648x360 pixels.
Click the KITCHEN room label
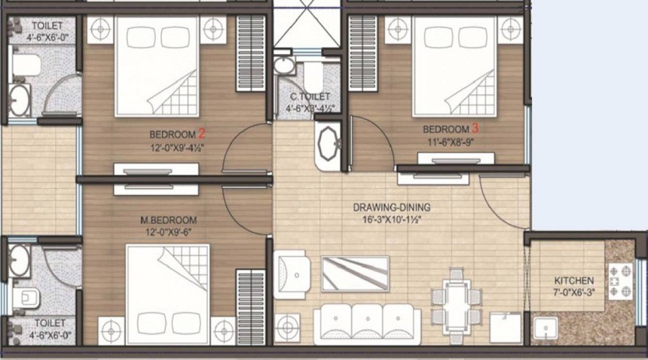pos(574,280)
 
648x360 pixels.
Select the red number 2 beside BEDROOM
pos(202,133)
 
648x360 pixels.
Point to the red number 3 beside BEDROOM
pos(475,129)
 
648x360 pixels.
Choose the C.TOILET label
pos(310,96)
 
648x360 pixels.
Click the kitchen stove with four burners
pos(619,281)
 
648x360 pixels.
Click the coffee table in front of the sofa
pos(355,273)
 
